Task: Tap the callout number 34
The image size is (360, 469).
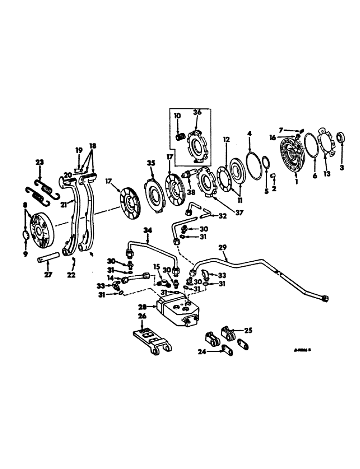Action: (x=148, y=230)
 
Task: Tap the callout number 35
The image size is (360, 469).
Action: (x=150, y=163)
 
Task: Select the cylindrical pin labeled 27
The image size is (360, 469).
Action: (x=48, y=257)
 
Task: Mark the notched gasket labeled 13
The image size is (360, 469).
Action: (x=327, y=144)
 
